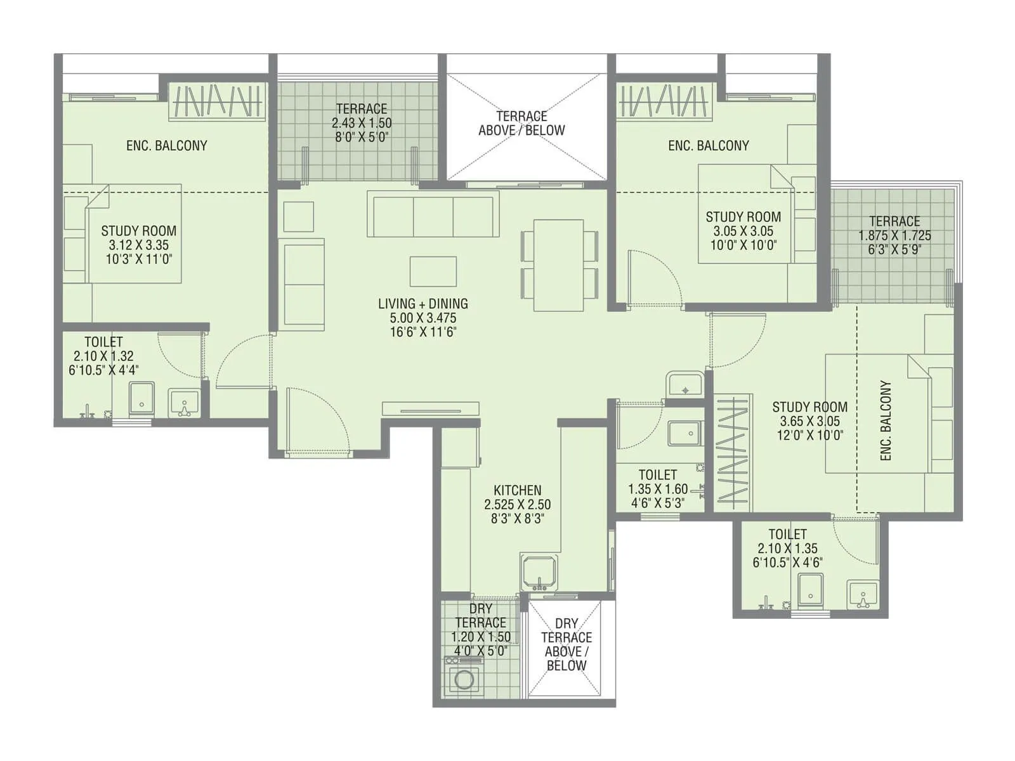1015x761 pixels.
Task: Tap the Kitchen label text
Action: (517, 490)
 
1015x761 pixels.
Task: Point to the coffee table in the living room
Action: (433, 271)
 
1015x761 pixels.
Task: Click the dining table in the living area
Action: (559, 265)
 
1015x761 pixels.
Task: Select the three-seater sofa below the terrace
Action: (433, 216)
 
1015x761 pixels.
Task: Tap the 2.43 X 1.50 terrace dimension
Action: (362, 123)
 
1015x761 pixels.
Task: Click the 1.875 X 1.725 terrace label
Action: (894, 235)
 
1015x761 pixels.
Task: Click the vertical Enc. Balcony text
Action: (886, 420)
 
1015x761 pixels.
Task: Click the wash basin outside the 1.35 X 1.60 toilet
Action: (684, 384)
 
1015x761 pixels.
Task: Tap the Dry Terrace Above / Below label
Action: (566, 644)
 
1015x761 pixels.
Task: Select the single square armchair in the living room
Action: (299, 216)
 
